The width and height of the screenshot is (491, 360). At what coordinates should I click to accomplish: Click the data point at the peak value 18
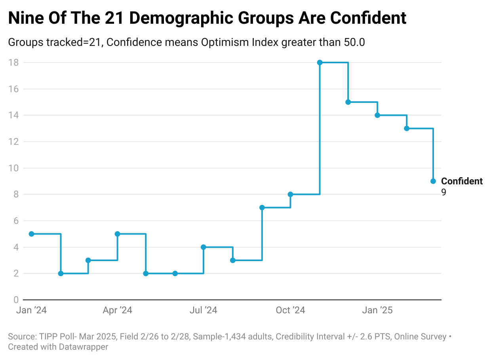click(x=320, y=63)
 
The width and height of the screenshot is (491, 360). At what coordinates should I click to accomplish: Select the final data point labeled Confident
click(x=433, y=181)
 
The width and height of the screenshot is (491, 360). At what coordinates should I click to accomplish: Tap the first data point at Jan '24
click(x=31, y=234)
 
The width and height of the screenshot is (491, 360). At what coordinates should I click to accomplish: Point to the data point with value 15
click(x=348, y=102)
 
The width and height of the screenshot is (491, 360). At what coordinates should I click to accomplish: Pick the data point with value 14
click(x=377, y=115)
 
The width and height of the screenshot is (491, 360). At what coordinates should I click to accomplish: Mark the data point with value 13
click(x=407, y=129)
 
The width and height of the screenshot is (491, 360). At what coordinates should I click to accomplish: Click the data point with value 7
click(x=262, y=208)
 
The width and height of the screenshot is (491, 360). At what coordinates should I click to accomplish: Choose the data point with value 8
click(x=290, y=194)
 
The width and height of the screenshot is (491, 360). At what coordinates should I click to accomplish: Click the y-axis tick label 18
click(x=14, y=63)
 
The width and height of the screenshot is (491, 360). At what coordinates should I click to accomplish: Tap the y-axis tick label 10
click(x=14, y=168)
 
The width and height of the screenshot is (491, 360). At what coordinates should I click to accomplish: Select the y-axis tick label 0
click(x=16, y=300)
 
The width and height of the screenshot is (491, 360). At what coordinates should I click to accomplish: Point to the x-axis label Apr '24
click(x=117, y=311)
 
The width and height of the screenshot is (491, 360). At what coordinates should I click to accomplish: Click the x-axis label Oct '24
click(x=290, y=311)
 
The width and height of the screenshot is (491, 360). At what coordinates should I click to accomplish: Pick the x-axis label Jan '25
click(x=377, y=311)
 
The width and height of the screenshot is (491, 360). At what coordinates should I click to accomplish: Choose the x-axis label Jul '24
click(x=204, y=311)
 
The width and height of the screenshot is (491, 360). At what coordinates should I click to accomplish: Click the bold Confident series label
click(x=462, y=181)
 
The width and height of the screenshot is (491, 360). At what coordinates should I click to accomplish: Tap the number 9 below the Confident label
click(x=443, y=192)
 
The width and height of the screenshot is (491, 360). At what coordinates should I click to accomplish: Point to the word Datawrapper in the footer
click(x=83, y=347)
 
